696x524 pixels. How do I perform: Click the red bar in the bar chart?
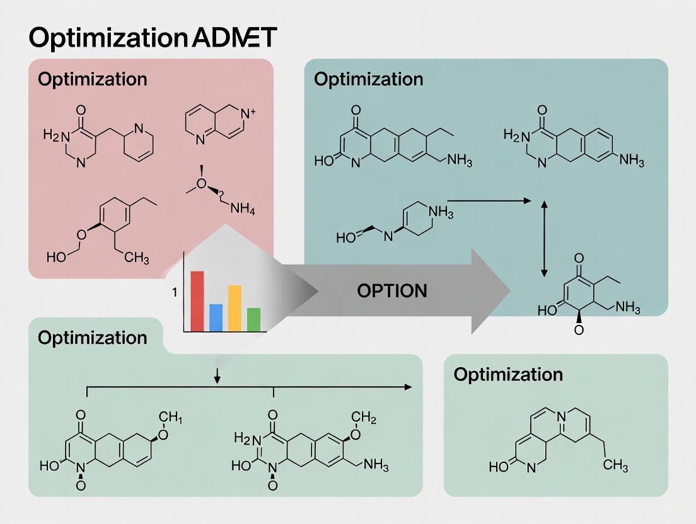coord(197,300)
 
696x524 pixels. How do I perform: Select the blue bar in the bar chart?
coord(216,317)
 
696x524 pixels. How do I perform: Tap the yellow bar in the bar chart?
coord(235,308)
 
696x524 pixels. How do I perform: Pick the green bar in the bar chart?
coord(253,319)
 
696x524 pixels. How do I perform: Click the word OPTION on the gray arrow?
coord(391,291)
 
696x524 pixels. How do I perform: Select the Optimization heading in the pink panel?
coord(92,79)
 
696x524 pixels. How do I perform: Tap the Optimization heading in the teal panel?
coord(368,79)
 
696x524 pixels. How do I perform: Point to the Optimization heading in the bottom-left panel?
coord(92,338)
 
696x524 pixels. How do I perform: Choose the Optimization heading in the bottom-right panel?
coord(507,374)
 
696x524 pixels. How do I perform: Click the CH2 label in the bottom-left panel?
coord(363,417)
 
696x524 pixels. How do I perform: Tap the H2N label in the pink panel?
coord(54,135)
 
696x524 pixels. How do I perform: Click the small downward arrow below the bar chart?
coord(217,375)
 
